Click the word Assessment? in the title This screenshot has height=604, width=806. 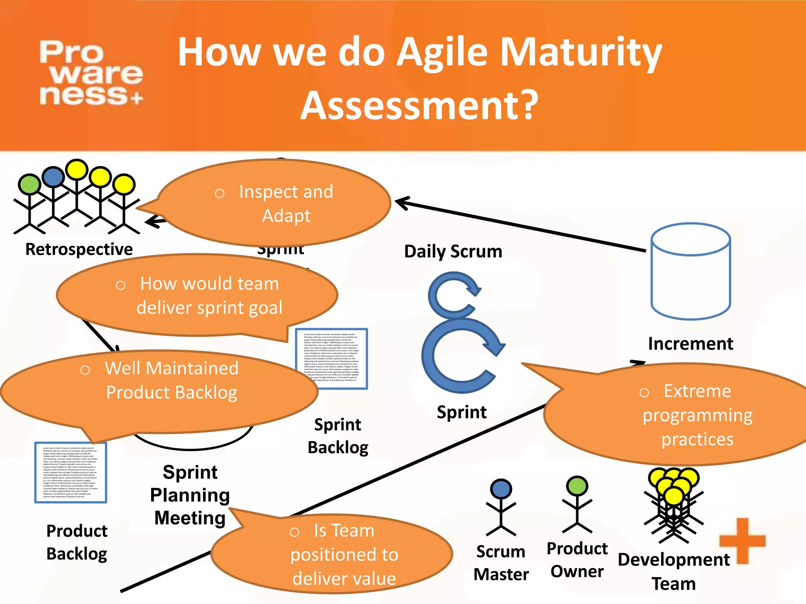[420, 105]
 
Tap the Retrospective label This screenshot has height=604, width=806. [79, 249]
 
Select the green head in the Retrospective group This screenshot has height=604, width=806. [29, 184]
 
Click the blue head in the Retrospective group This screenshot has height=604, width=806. [53, 177]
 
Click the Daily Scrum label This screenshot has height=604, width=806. [453, 252]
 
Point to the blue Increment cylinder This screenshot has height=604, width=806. [691, 271]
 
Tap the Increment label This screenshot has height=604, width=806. [690, 344]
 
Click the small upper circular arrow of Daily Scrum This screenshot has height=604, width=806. [453, 295]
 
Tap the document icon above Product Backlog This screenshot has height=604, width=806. [71, 473]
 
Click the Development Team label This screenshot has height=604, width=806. [674, 571]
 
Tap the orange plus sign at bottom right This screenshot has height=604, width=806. [742, 541]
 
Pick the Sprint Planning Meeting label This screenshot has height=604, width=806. [190, 495]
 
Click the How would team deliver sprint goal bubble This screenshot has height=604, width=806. [197, 296]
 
